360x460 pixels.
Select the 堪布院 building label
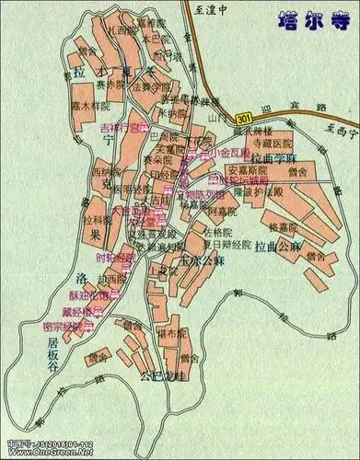[x=172, y=333]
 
